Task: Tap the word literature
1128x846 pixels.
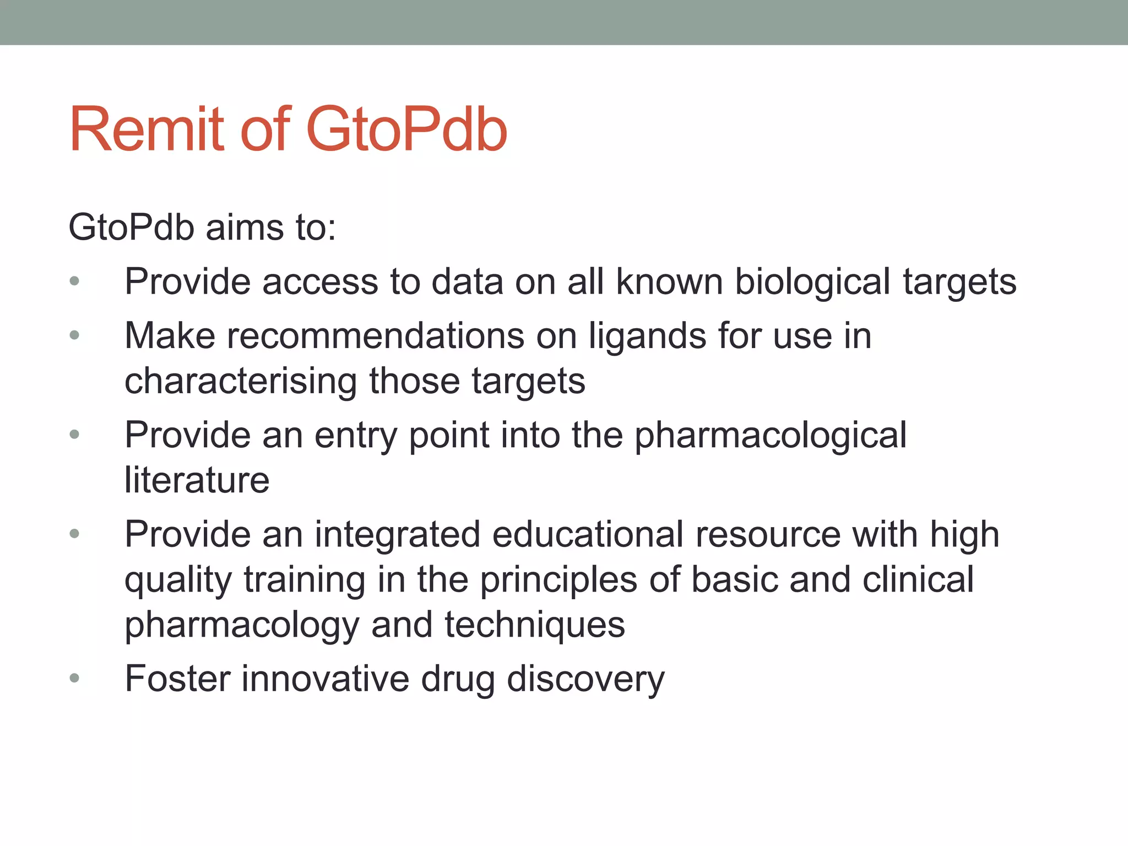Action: pyautogui.click(x=197, y=480)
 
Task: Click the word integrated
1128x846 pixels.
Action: pyautogui.click(x=397, y=535)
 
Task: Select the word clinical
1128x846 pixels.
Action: pyautogui.click(x=918, y=579)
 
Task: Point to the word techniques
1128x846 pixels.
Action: pyautogui.click(x=534, y=625)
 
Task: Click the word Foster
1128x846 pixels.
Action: pyautogui.click(x=177, y=679)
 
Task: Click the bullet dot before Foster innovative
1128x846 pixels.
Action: pyautogui.click(x=75, y=678)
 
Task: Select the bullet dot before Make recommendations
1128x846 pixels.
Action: pyautogui.click(x=75, y=335)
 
